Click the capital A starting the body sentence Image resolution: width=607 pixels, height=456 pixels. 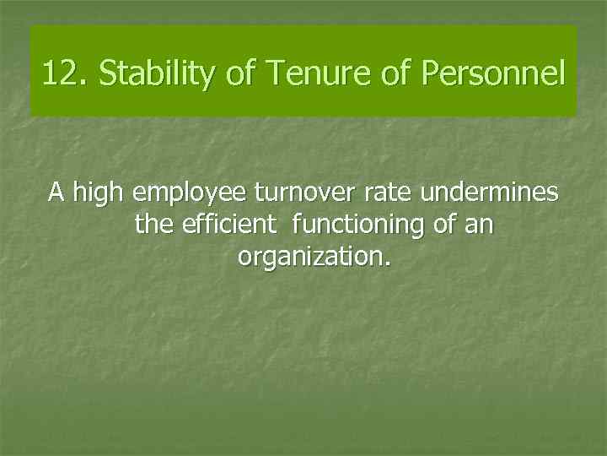(x=56, y=193)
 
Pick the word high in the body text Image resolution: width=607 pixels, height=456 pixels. (x=97, y=193)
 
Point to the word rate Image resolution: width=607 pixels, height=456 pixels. (x=389, y=193)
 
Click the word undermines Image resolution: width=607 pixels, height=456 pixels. (x=490, y=193)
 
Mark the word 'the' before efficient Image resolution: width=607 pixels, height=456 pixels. (x=153, y=225)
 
